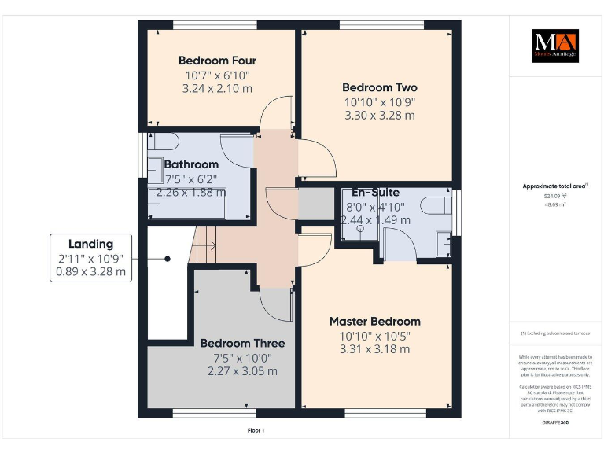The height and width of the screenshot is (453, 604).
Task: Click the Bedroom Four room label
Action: pyautogui.click(x=217, y=61)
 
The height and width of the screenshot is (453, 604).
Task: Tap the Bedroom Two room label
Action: pyautogui.click(x=379, y=87)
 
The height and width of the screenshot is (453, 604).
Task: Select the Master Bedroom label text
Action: pyautogui.click(x=374, y=321)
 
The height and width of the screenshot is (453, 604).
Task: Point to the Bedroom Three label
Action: pyautogui.click(x=242, y=343)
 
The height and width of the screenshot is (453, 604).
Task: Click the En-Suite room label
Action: pyautogui.click(x=375, y=193)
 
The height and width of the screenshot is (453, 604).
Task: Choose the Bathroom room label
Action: pyautogui.click(x=191, y=164)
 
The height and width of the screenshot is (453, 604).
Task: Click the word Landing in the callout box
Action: pyautogui.click(x=90, y=244)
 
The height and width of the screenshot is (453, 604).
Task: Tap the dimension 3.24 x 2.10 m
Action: pyautogui.click(x=217, y=89)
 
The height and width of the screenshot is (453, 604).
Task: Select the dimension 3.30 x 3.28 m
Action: pyautogui.click(x=379, y=116)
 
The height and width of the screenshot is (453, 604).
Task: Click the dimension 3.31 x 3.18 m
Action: pyautogui.click(x=374, y=349)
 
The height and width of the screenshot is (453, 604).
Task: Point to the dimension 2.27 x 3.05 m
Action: pyautogui.click(x=242, y=371)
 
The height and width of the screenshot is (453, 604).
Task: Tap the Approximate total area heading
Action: pyautogui.click(x=555, y=186)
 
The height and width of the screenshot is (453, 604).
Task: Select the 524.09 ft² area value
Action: pyautogui.click(x=555, y=197)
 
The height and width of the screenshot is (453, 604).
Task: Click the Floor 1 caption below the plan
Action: pyautogui.click(x=256, y=430)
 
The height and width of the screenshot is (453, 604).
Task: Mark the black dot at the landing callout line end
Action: pyautogui.click(x=168, y=258)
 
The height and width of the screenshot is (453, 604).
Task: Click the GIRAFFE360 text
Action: pyautogui.click(x=554, y=422)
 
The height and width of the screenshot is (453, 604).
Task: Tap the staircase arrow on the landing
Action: pyautogui.click(x=207, y=245)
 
